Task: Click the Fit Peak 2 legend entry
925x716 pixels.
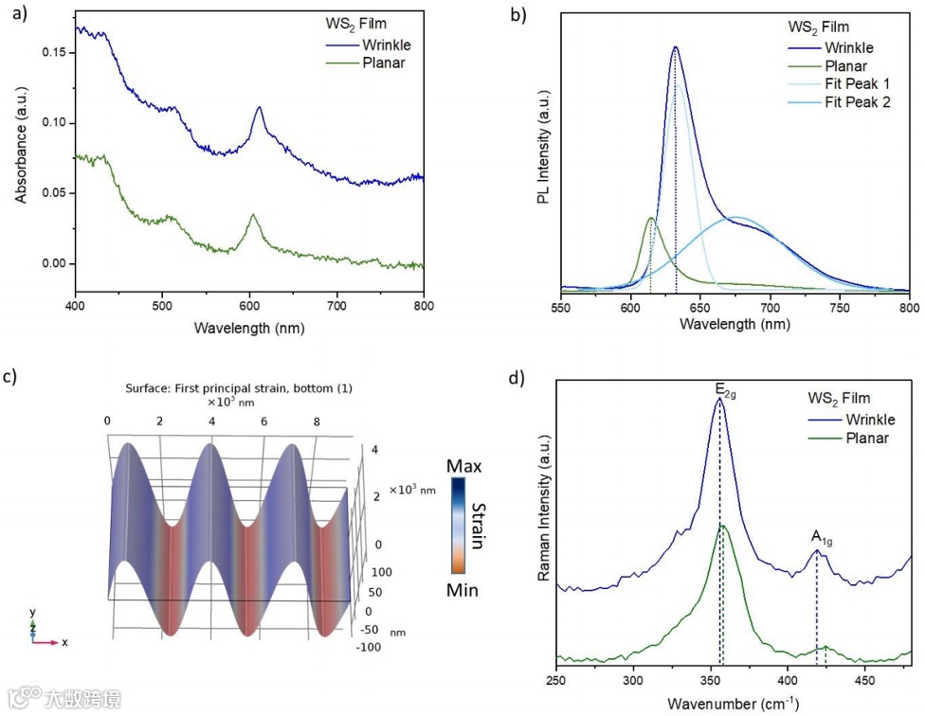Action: [x=857, y=102]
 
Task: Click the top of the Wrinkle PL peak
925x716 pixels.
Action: [x=675, y=46]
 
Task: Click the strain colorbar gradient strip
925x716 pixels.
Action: [x=458, y=528]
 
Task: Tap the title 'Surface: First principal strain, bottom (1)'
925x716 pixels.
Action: [x=240, y=389]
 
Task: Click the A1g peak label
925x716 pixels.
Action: [x=821, y=536]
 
